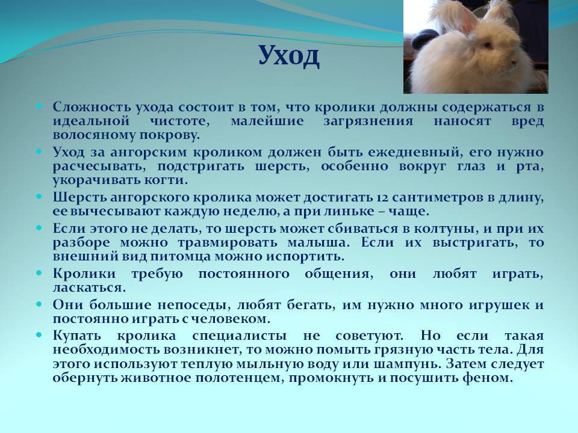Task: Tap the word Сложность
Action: pos(92,107)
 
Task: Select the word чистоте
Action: pos(180,121)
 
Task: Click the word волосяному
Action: pos(93,135)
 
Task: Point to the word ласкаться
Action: pos(89,288)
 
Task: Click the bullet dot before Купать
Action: pos(39,336)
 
